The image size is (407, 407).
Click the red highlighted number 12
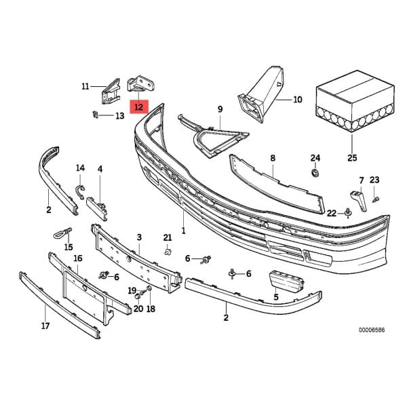[x=138, y=106]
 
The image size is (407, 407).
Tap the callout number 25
[x=352, y=158]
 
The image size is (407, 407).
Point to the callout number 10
[x=297, y=100]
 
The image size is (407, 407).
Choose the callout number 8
[x=272, y=158]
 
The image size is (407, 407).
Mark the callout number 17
[x=45, y=326]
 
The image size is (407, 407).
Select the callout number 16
[x=78, y=258]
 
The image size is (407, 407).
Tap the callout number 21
[x=168, y=237]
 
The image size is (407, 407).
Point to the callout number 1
[x=183, y=231]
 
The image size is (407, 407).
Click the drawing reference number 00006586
[x=372, y=331]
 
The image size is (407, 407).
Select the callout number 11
[x=85, y=86]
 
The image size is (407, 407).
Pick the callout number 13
[x=119, y=116]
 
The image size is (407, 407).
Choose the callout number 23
[x=374, y=180]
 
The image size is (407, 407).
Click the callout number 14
[x=80, y=168]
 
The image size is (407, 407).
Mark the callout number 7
[x=362, y=180]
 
